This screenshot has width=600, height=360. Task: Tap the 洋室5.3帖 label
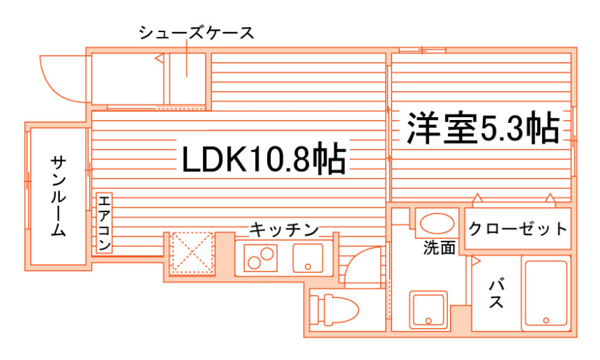click(x=482, y=129)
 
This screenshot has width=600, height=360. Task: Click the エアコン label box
click(x=104, y=223)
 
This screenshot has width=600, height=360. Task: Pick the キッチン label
click(x=283, y=230)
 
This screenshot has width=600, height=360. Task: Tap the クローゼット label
click(x=519, y=229)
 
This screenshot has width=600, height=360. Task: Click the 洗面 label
click(x=439, y=249)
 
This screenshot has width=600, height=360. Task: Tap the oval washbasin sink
click(x=435, y=224)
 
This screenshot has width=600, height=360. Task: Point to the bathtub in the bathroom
click(x=546, y=294)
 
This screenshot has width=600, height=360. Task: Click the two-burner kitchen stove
click(x=261, y=257)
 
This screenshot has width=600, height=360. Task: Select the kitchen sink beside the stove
click(x=308, y=257)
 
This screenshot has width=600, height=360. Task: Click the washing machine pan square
click(x=429, y=309)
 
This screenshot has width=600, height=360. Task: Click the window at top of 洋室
click(x=421, y=50)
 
